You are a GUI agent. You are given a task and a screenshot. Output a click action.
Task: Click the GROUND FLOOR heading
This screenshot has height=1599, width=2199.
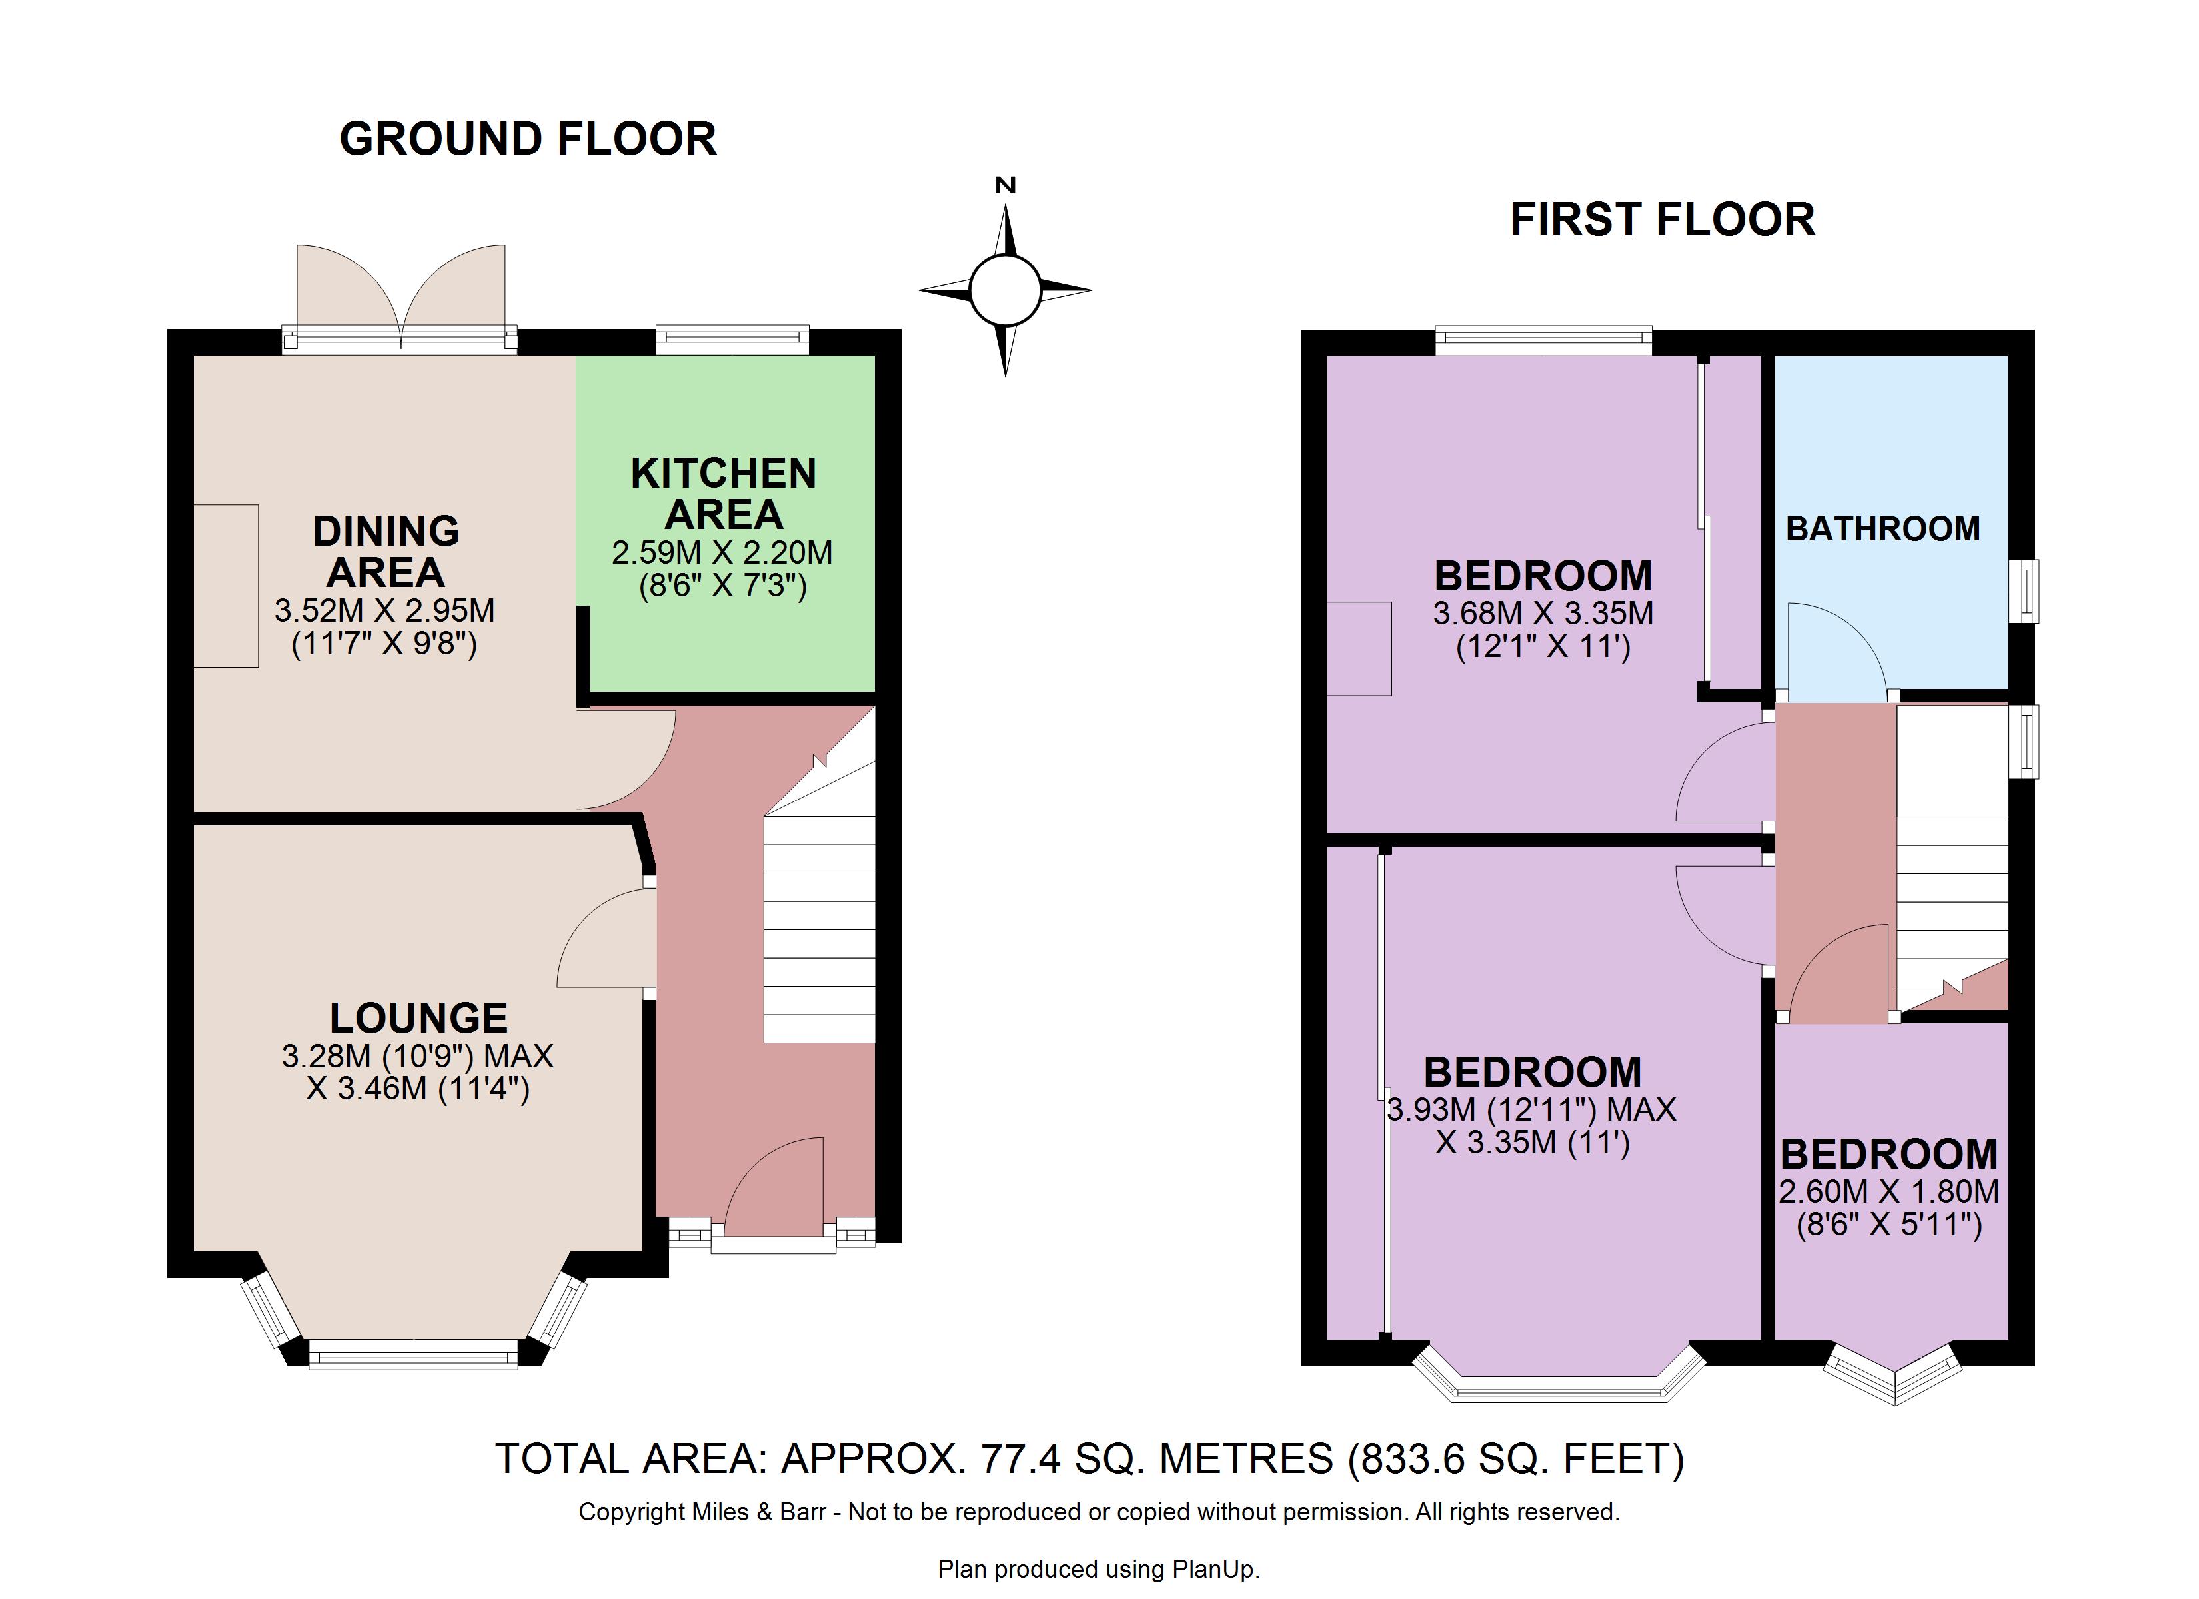[528, 139]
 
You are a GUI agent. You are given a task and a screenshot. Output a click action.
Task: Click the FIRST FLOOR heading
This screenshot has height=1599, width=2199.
[1662, 219]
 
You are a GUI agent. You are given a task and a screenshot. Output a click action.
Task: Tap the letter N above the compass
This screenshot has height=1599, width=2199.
[1006, 185]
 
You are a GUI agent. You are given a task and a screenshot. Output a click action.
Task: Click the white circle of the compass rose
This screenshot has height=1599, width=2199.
[1006, 290]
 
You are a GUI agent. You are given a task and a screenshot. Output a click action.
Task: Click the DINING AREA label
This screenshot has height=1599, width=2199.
[386, 552]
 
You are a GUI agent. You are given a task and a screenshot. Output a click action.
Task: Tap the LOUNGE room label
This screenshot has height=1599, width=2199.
[419, 1018]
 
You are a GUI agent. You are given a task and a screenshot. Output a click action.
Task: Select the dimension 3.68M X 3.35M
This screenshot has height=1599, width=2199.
[1543, 613]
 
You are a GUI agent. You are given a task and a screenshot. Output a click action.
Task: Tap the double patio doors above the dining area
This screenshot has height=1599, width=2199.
[400, 294]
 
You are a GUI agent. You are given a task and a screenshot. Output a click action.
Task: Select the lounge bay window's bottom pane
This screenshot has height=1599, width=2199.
[413, 1354]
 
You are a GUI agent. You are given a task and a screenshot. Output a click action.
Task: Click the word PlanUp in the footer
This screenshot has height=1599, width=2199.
[1214, 1569]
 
